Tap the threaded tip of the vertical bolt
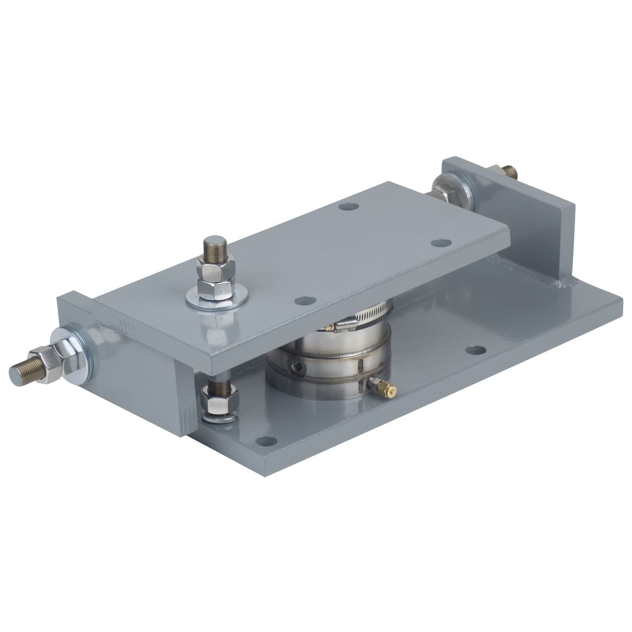click(214, 245)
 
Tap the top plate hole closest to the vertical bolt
click(305, 300)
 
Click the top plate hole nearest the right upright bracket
click(441, 243)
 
